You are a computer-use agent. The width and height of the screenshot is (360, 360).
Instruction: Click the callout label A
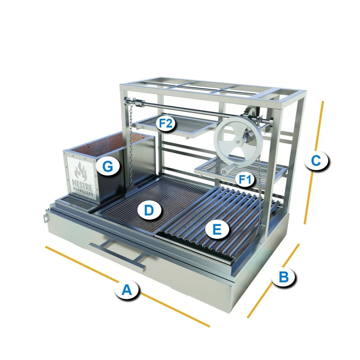pos(126,290)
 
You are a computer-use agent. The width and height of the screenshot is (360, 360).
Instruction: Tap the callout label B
pos(284,277)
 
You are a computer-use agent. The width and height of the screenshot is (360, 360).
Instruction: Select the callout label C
pos(316,161)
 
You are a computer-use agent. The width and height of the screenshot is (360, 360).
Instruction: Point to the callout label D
pos(149,210)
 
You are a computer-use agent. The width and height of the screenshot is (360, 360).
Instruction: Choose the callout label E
pos(217,229)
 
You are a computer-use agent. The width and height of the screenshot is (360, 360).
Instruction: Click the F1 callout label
pos(245,179)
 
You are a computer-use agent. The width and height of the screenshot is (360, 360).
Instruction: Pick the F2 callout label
pos(166,123)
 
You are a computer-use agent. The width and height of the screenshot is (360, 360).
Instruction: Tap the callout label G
pos(108,166)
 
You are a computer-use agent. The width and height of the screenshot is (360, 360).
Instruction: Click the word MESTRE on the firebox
pos(82,183)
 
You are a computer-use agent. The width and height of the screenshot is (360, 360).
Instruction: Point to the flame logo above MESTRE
pos(81,172)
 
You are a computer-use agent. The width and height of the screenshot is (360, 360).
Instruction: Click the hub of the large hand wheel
pos(239,142)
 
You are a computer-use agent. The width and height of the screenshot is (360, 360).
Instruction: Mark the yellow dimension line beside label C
pos(314,162)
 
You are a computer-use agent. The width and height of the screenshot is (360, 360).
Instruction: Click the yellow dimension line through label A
pos(127,286)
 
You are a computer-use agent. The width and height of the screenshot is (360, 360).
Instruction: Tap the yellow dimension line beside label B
pos(273,281)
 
